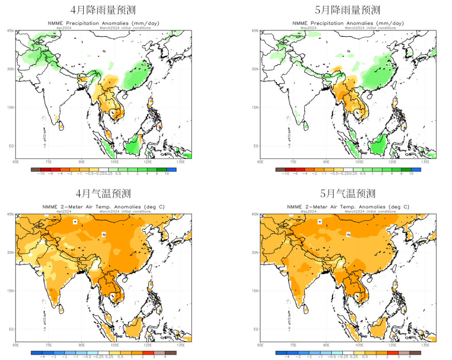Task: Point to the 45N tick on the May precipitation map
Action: point(254,31)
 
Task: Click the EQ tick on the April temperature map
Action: point(10,329)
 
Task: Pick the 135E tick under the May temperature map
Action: point(425,345)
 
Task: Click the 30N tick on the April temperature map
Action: point(10,252)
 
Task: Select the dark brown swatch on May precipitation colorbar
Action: point(279,170)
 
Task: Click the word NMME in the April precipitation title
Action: point(54,23)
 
